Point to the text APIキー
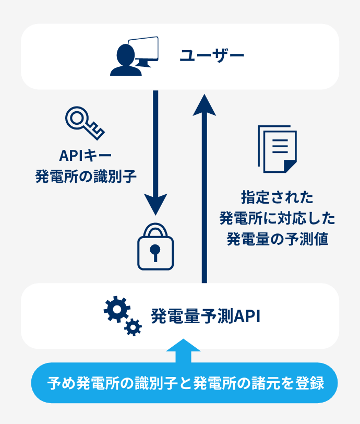click(86, 155)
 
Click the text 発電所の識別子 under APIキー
click(86, 175)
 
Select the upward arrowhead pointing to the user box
click(204, 105)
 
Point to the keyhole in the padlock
click(155, 253)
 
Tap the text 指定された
click(277, 197)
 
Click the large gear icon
click(116, 310)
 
